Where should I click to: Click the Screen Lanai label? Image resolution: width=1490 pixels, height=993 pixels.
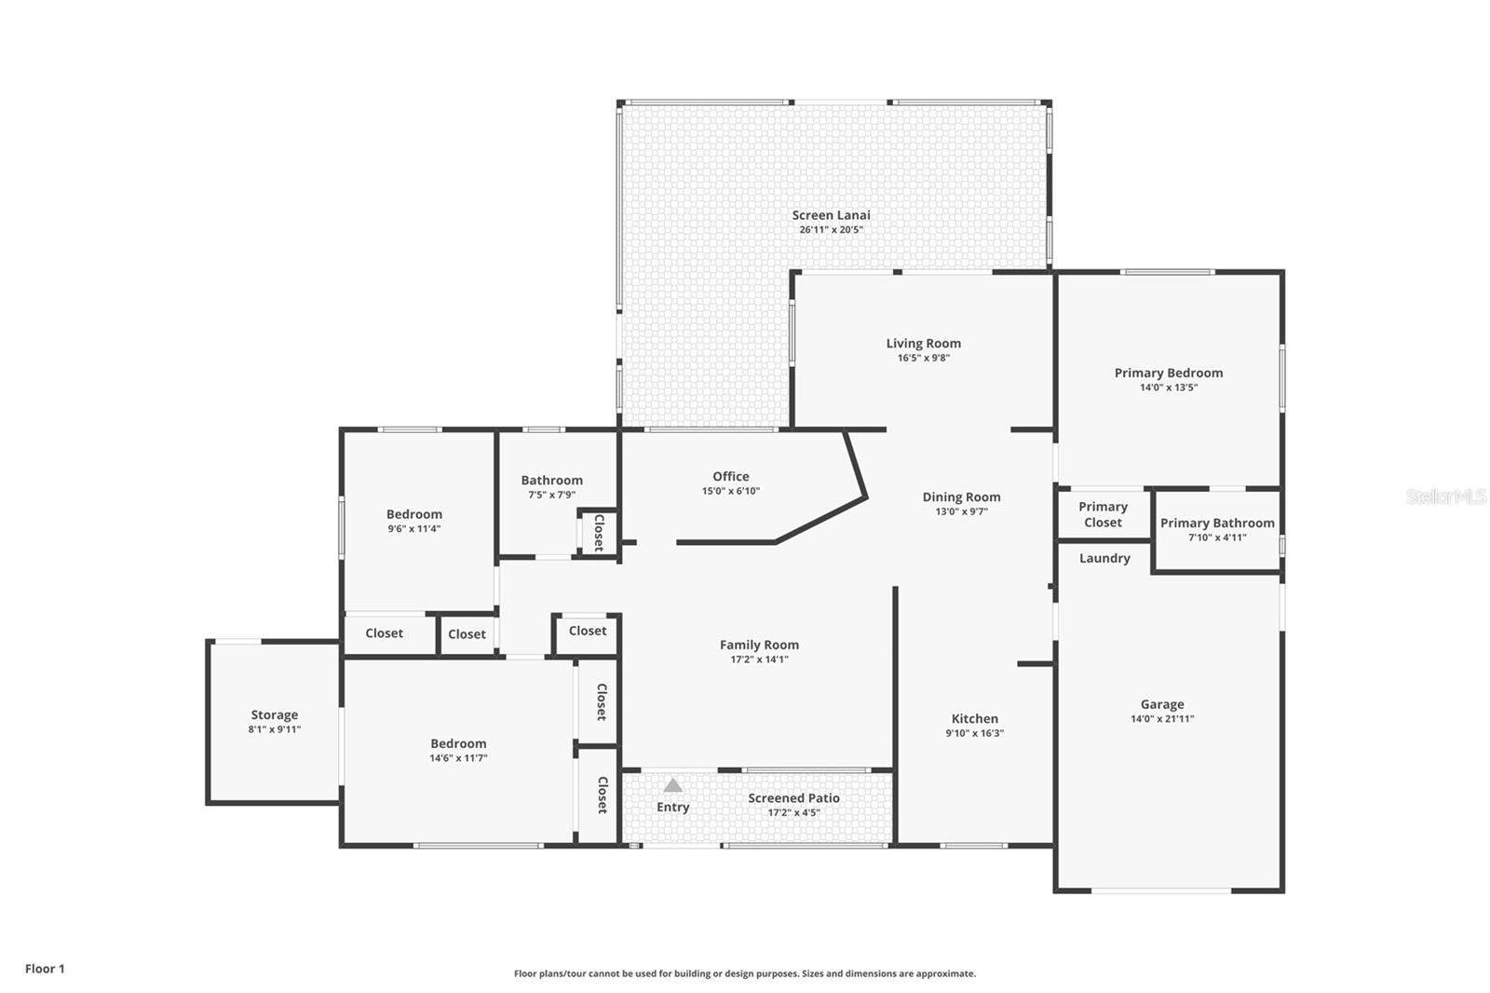[831, 215]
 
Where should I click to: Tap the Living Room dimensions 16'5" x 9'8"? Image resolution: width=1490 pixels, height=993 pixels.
[923, 358]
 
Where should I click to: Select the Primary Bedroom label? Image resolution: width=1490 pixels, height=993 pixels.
[1168, 373]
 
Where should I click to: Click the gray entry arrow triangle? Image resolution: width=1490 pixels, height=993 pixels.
[672, 785]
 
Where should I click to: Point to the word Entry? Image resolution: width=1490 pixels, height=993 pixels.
[672, 807]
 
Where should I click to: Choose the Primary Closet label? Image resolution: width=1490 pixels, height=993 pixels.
[1103, 514]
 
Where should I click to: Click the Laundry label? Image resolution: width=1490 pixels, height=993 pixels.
[1104, 558]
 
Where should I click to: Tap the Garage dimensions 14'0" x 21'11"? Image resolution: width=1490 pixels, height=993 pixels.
[1161, 719]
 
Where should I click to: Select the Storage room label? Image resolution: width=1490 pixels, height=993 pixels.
[274, 715]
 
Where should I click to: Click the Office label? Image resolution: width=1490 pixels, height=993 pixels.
[730, 476]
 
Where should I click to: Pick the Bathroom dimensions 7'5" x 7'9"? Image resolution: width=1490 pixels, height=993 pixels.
[551, 495]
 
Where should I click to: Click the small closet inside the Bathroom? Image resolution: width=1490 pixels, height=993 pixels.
[598, 533]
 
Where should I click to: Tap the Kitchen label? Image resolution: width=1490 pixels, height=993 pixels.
[974, 718]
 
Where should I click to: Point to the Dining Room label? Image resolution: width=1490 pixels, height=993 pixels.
[961, 497]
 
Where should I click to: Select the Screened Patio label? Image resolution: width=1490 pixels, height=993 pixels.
[793, 798]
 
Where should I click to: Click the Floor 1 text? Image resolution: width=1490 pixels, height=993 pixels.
[45, 969]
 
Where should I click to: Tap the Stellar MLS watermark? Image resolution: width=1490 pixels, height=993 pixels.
[1445, 496]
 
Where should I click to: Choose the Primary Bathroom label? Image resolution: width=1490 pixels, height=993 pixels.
[1216, 524]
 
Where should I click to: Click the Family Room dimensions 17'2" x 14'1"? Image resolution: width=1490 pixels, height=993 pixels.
[759, 660]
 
